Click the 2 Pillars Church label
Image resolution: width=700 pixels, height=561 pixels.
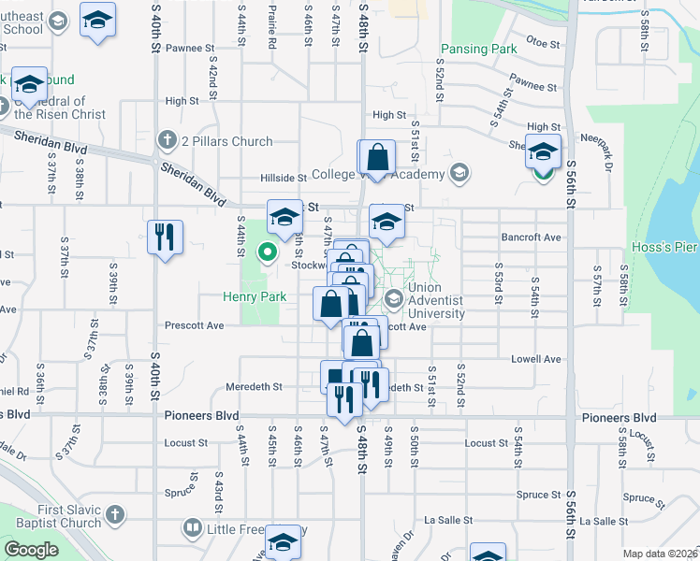[226, 141]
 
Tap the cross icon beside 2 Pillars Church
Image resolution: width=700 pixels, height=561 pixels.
[168, 141]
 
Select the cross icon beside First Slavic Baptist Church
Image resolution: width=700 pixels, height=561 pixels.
[114, 514]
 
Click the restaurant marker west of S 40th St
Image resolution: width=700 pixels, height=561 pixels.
[165, 237]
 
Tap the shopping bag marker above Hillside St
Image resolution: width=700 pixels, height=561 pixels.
[377, 157]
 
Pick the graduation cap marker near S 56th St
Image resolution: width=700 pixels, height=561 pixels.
[543, 151]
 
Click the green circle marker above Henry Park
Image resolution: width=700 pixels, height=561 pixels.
[268, 252]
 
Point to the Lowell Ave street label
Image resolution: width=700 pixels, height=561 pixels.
[535, 359]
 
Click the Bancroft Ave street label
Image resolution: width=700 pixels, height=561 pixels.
[531, 237]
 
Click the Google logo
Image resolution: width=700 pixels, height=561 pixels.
[31, 550]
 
